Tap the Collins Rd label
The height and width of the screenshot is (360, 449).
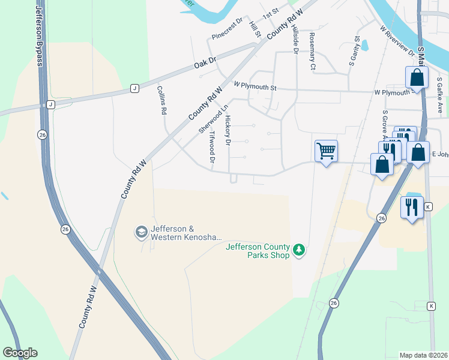[161, 100]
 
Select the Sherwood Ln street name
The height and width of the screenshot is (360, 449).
[205, 119]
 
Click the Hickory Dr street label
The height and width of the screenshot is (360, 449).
[228, 131]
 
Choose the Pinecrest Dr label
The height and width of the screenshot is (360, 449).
[227, 29]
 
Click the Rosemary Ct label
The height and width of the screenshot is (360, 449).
[312, 52]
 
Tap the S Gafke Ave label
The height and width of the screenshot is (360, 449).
[439, 95]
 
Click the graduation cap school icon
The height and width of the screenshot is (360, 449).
[141, 232]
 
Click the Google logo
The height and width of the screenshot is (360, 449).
[20, 353]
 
